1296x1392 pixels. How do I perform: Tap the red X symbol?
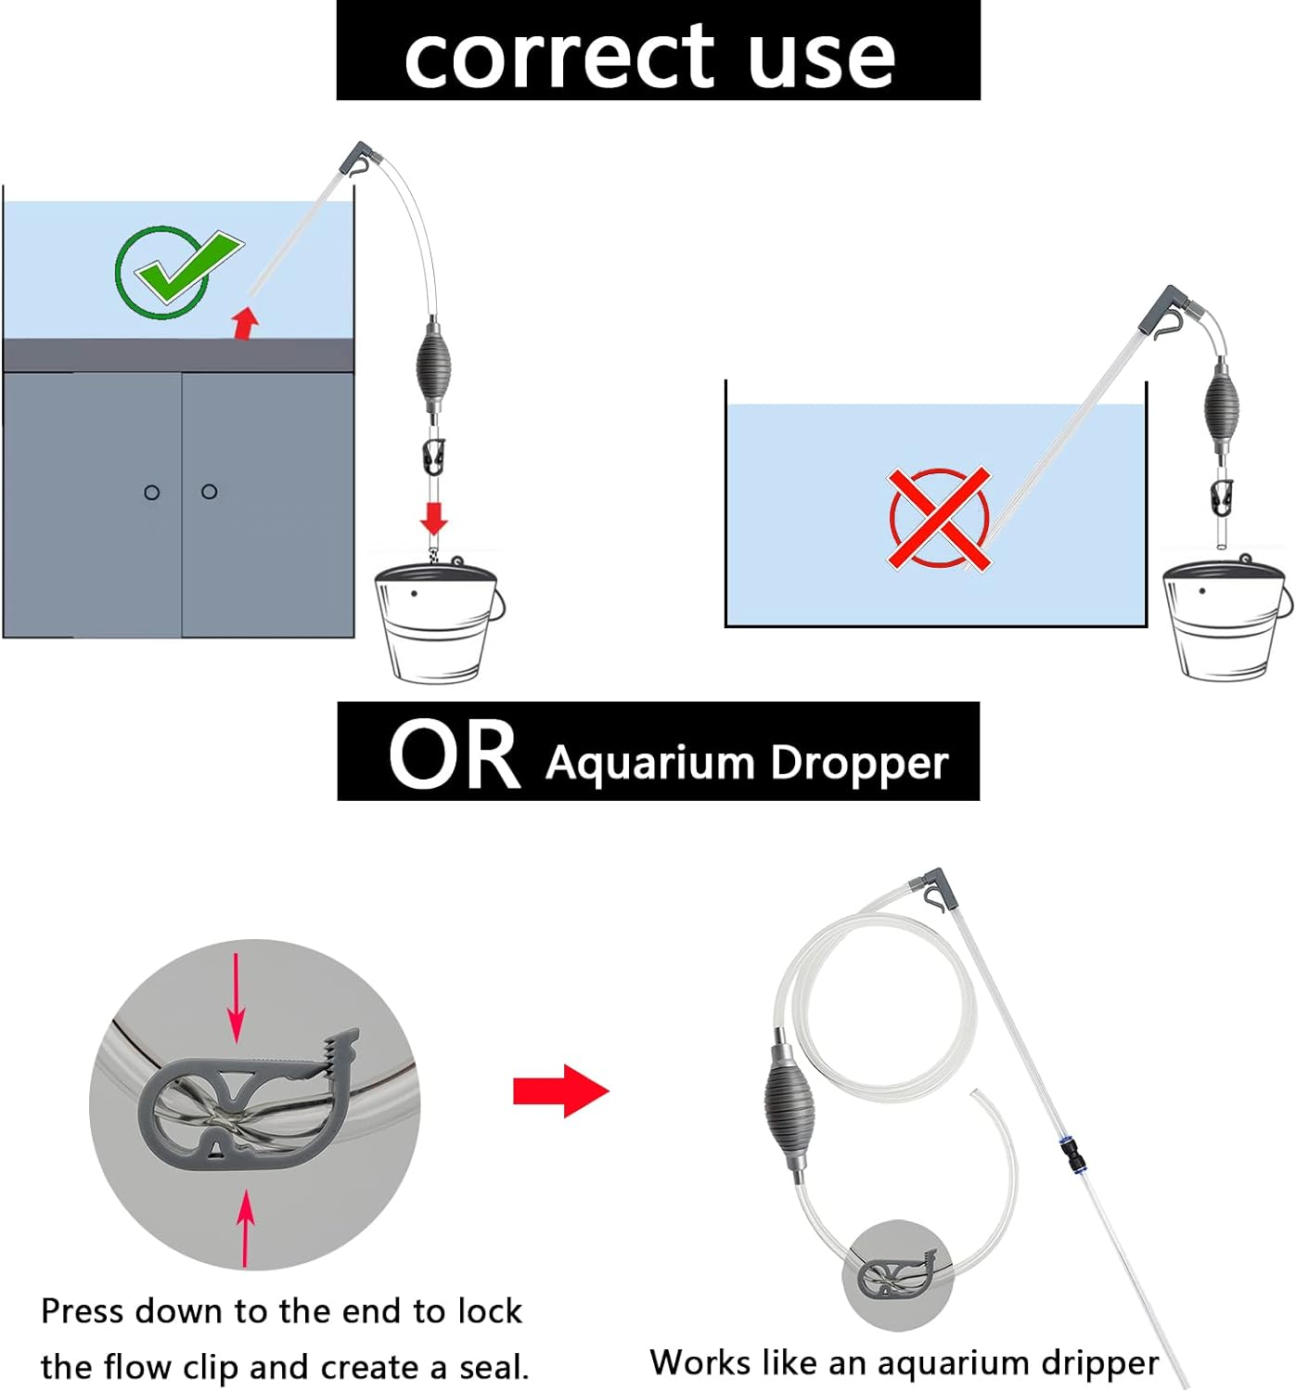[939, 518]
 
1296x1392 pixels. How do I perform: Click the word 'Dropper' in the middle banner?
[859, 764]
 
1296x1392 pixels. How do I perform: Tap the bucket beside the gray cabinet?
[437, 622]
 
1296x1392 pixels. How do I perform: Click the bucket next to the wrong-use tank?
[1225, 620]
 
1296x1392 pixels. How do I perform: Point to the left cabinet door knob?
[152, 492]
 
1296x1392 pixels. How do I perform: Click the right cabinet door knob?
[210, 491]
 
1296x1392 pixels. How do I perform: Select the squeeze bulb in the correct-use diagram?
[433, 363]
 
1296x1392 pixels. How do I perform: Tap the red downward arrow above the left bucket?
[433, 518]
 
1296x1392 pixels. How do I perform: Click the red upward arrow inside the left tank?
[245, 322]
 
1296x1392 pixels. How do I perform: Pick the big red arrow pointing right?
[560, 1090]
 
